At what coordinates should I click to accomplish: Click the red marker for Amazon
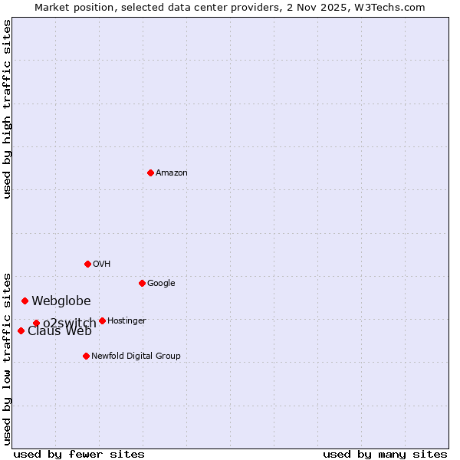[150, 172]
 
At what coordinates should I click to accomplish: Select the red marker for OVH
[87, 264]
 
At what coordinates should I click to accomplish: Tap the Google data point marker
[142, 283]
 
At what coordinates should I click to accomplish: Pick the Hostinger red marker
[102, 320]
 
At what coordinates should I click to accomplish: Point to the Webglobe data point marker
[25, 301]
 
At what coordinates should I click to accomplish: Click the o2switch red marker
[36, 323]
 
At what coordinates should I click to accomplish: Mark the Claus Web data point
[21, 330]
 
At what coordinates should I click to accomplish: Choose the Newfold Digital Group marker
[86, 356]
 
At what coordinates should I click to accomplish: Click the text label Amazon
[172, 173]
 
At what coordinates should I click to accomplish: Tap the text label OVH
[102, 264]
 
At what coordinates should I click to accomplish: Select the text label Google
[161, 284]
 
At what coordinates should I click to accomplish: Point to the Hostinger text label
[127, 320]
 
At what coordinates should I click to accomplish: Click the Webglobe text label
[61, 301]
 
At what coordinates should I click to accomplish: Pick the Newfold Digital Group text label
[136, 356]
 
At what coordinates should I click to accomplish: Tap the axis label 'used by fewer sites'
[79, 454]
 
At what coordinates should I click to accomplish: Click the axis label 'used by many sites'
[385, 454]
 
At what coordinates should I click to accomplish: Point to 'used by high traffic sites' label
[7, 109]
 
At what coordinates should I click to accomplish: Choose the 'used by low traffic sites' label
[7, 359]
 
